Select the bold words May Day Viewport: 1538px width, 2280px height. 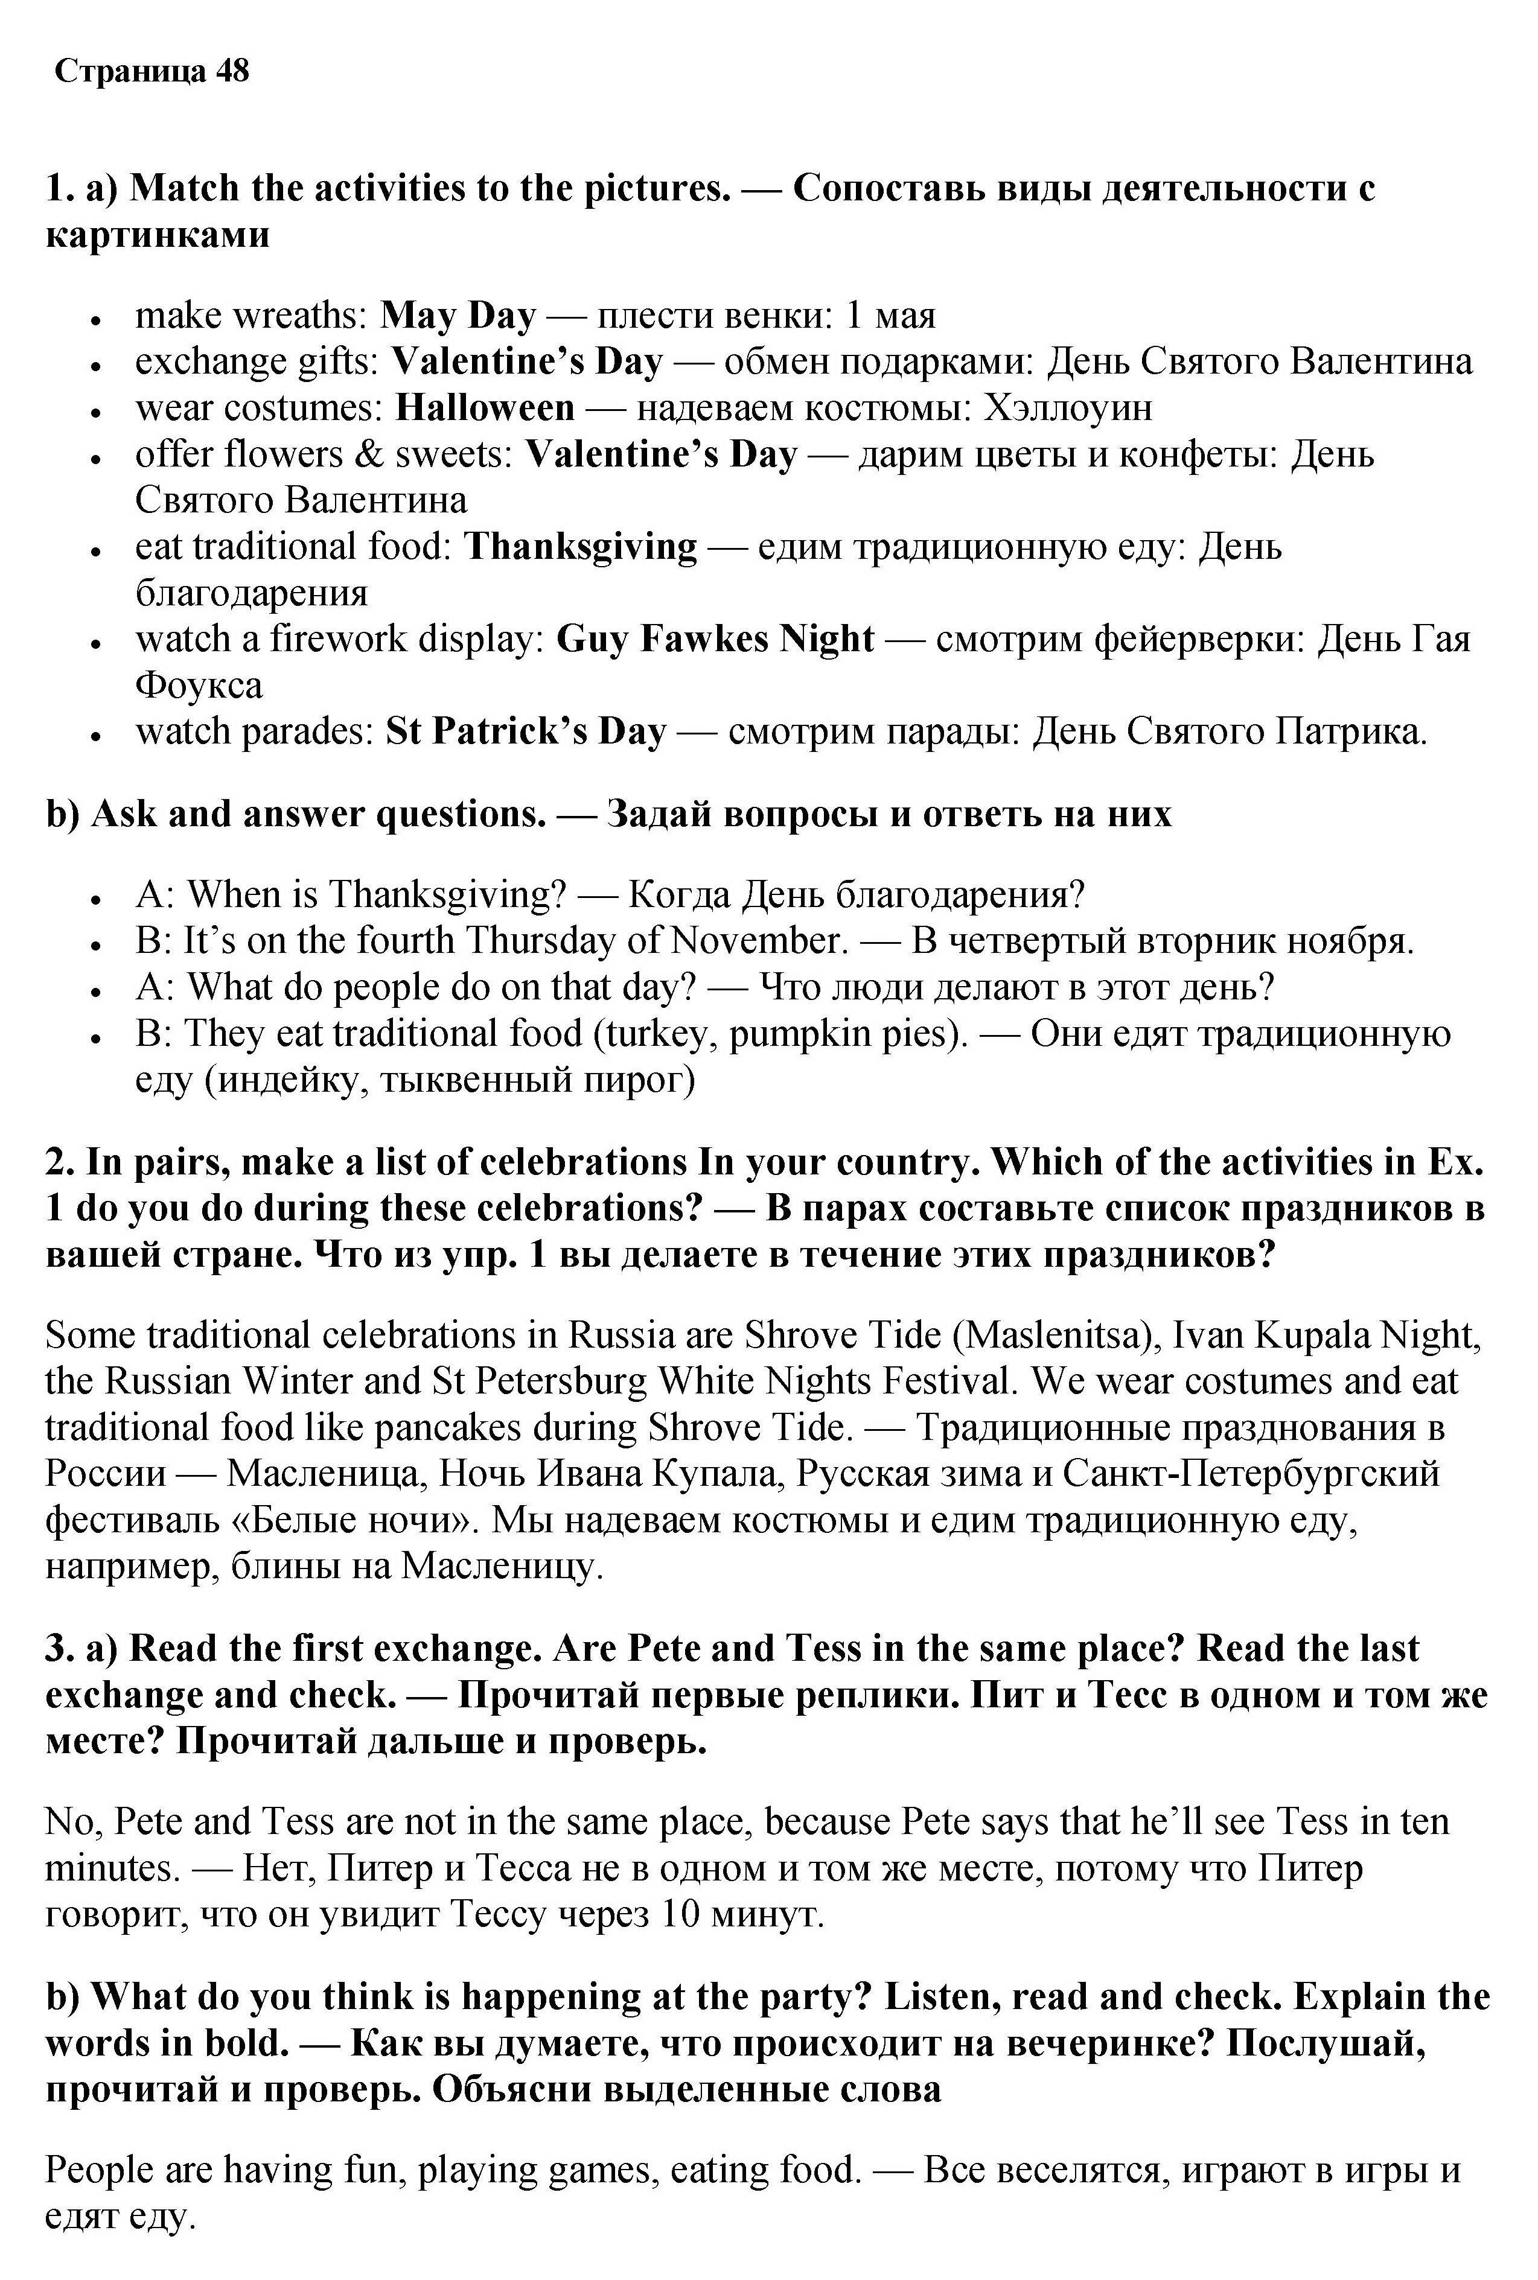[x=457, y=316]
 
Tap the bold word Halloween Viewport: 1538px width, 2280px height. [x=485, y=408]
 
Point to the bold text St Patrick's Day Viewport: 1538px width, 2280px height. [x=526, y=731]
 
